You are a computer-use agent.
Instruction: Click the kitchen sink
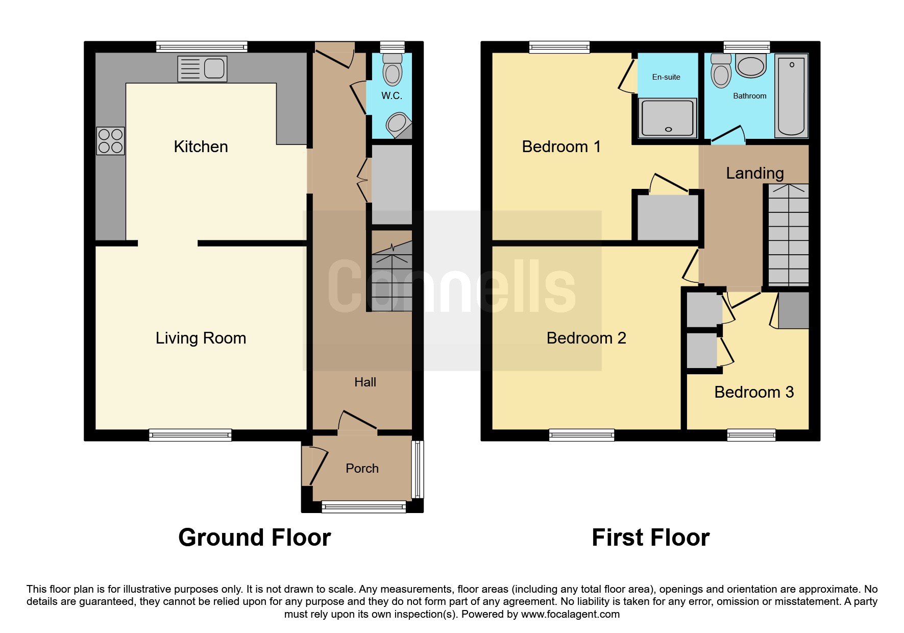click(202, 69)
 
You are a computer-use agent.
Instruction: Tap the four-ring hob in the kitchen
click(110, 141)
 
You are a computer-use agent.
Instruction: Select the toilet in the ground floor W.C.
click(392, 68)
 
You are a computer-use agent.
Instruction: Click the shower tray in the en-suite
click(667, 117)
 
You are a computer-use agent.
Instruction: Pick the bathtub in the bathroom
click(791, 95)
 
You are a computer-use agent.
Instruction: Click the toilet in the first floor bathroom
click(721, 70)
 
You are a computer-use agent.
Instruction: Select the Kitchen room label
click(201, 147)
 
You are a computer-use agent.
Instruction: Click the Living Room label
click(201, 338)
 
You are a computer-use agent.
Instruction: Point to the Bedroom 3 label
click(754, 392)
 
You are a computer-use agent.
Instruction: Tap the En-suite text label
click(666, 77)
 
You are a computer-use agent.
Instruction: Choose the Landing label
click(755, 174)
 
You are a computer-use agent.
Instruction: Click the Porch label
click(362, 469)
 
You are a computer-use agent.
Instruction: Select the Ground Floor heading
click(255, 538)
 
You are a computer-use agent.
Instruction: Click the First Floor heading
click(650, 538)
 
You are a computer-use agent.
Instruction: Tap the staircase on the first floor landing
click(789, 235)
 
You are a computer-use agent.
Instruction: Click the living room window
click(190, 435)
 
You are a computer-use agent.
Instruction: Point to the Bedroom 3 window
click(751, 435)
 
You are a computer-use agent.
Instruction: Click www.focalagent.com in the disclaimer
click(570, 614)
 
